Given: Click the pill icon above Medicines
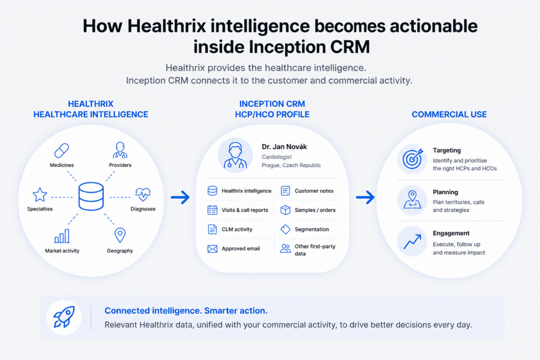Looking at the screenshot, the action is [62, 150].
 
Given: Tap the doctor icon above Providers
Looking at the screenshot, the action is [120, 150].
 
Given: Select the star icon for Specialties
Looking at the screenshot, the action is [40, 195].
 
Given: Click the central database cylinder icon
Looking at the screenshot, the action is [91, 196].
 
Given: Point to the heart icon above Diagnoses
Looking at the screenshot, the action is [143, 194].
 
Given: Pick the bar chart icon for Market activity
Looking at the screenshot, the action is [62, 236].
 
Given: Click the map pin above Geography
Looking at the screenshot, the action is [120, 236].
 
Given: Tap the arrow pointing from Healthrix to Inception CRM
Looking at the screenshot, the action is [180, 197].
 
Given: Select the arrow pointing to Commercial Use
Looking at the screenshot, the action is [365, 197].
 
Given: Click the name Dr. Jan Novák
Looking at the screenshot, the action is [284, 147].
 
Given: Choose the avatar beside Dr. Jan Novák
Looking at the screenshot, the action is [235, 155].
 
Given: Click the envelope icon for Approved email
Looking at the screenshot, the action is [213, 248].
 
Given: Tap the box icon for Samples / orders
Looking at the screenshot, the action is [285, 210].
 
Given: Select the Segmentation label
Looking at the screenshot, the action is [312, 229].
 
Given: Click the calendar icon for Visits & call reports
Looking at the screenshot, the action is [213, 210].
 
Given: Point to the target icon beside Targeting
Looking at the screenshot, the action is [412, 159].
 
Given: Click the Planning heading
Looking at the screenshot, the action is [445, 192].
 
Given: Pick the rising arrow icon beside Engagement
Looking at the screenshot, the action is [412, 241].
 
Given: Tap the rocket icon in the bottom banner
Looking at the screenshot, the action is [64, 317].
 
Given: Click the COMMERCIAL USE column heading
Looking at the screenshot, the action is [449, 114].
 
